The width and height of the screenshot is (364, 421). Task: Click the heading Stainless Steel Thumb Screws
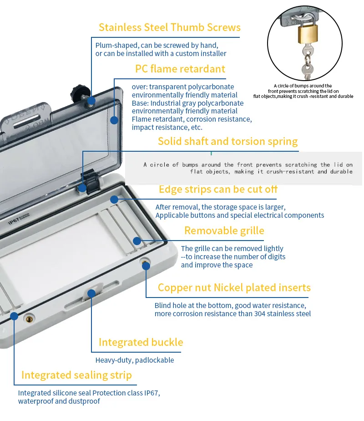(169, 27)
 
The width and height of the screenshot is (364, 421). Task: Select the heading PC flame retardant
(180, 69)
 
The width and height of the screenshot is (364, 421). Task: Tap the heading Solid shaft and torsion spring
(227, 141)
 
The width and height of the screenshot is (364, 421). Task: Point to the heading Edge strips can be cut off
(218, 189)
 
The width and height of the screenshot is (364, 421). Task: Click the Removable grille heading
(224, 231)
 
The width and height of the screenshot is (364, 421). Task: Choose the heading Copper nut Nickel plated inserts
(234, 288)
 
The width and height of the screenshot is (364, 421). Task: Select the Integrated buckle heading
(141, 342)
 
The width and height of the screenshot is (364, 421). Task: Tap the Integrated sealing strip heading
(76, 375)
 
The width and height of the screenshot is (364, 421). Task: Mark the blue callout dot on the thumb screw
(91, 101)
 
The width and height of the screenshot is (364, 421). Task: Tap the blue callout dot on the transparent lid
(114, 120)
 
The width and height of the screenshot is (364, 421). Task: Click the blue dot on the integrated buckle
(91, 293)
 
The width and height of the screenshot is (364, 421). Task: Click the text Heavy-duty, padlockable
(134, 360)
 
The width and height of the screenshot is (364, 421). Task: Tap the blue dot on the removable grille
(136, 240)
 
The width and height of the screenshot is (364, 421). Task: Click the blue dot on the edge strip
(114, 199)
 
